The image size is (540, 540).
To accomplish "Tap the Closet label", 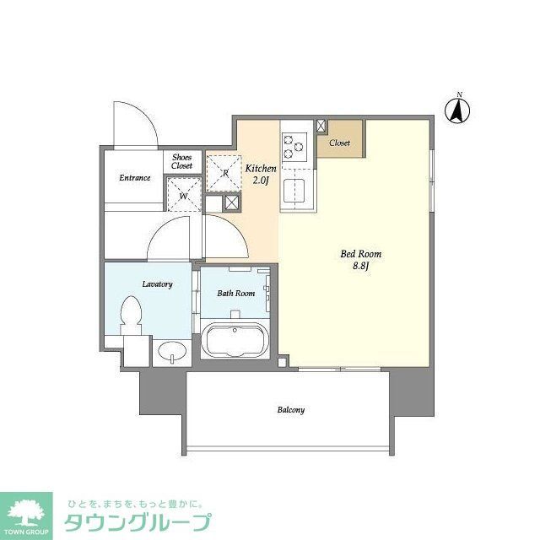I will (x=340, y=143).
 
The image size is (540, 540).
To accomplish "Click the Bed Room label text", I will (x=361, y=254).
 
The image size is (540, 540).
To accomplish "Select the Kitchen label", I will (x=261, y=169).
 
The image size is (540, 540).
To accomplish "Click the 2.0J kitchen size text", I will (x=261, y=181).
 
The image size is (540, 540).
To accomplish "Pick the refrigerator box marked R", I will (x=225, y=173).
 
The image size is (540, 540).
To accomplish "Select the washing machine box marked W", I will (x=183, y=197).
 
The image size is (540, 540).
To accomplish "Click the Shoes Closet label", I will (x=182, y=161).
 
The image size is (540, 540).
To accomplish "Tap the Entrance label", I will (x=134, y=178).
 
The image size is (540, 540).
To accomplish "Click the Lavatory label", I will (x=158, y=284).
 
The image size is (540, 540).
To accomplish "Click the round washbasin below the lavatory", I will (x=169, y=351).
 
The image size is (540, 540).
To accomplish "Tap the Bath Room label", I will (x=235, y=294).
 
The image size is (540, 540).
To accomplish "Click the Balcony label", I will (x=290, y=410).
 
